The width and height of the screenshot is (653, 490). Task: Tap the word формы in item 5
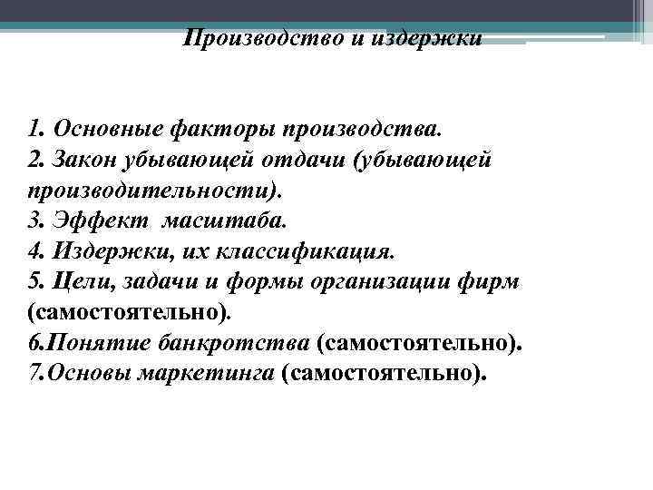point(254,282)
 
